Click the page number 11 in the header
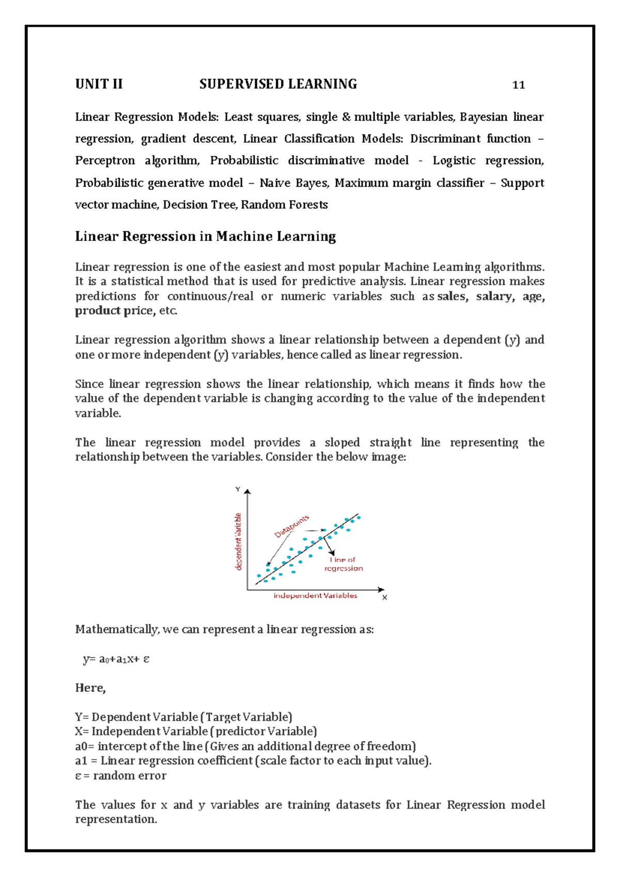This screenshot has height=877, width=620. pos(518,85)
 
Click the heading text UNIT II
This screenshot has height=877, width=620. pos(99,84)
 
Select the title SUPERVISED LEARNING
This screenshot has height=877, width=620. pos(278,84)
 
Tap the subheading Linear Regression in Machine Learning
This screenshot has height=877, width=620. pos(205,236)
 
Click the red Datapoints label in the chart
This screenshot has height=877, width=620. pos(291,526)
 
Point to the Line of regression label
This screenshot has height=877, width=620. pos(344,564)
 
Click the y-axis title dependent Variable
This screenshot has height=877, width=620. pos(239,541)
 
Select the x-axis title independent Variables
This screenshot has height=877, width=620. pos(315,596)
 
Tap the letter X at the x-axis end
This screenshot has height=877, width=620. pos(384,597)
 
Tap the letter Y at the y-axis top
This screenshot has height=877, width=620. pos(238,489)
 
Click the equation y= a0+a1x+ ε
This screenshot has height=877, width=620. pos(116,659)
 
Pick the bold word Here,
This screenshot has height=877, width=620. pos(90,688)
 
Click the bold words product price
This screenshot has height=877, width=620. pos(114,311)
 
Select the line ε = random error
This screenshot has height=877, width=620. pos(121,776)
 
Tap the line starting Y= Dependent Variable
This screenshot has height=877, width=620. pos(183,717)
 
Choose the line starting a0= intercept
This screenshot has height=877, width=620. pos(245,746)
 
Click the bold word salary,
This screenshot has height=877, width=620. pos(495,296)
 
